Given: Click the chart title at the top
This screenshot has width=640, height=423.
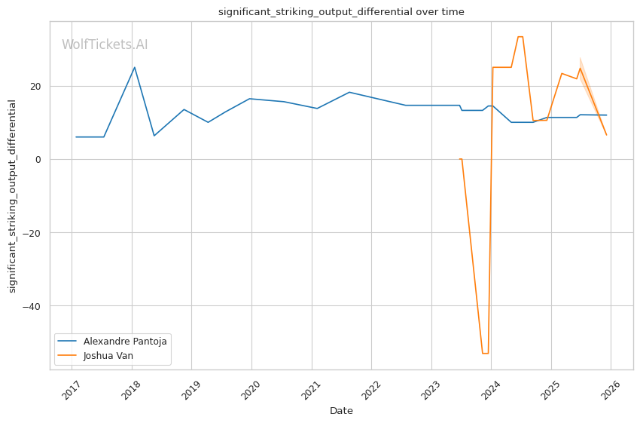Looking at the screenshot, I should tap(341, 12).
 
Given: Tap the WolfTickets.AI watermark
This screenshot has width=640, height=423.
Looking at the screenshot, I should tap(105, 45).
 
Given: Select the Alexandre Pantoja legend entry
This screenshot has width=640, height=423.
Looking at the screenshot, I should tap(125, 341).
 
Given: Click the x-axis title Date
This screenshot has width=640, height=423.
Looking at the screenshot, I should tap(341, 411).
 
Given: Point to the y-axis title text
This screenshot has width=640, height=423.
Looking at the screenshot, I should tap(13, 196).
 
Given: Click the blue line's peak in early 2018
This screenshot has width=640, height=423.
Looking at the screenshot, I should tap(134, 67).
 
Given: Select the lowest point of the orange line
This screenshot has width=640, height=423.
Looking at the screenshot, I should tap(485, 353).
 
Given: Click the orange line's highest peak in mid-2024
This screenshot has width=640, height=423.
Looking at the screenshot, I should tap(520, 36).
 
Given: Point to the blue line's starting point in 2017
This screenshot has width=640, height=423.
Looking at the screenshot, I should tap(76, 137).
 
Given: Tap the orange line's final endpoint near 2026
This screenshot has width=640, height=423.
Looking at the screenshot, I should tap(606, 135).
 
